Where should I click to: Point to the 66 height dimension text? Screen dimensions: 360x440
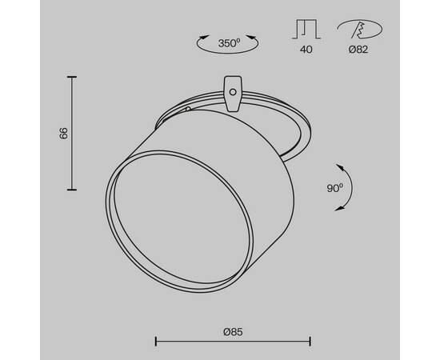tap(63, 134)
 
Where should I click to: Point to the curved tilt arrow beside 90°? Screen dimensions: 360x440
tap(350, 187)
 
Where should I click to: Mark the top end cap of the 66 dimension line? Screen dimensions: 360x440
tap(73, 77)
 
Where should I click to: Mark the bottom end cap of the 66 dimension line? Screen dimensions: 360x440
tap(73, 190)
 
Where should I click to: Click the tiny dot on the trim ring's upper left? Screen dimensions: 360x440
tap(187, 109)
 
